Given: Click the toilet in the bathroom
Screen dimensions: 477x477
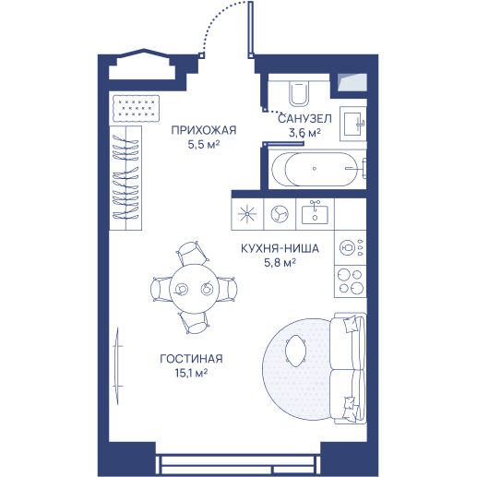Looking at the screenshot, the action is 298,92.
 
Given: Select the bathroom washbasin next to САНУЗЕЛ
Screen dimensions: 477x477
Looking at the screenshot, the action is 353,124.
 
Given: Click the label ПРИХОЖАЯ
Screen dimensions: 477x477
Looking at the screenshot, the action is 204,130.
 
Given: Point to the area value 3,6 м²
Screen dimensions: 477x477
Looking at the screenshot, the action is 304,133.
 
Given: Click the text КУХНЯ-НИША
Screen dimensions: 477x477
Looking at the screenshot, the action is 280,248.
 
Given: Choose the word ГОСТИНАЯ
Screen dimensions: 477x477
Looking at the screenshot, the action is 191,359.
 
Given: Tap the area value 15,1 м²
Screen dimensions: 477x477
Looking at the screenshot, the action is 191,374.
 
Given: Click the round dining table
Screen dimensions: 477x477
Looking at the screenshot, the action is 194,289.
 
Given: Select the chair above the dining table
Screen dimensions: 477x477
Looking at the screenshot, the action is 193,253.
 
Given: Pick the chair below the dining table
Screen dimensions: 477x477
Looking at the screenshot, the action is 194,323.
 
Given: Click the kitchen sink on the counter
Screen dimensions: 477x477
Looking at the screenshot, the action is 315,213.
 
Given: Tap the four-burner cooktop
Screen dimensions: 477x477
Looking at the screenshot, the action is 351,281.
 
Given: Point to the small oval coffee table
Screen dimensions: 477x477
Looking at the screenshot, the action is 295,351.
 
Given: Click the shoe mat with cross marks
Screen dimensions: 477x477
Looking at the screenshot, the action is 136,108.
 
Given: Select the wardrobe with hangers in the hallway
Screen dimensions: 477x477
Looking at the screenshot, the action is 125,178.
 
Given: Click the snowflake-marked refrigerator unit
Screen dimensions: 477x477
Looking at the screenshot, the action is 247,214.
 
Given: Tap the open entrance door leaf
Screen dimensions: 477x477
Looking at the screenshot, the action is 251,30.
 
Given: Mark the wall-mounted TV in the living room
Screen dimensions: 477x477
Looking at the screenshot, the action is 117,365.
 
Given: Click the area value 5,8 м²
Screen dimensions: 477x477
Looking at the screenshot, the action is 280,263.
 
